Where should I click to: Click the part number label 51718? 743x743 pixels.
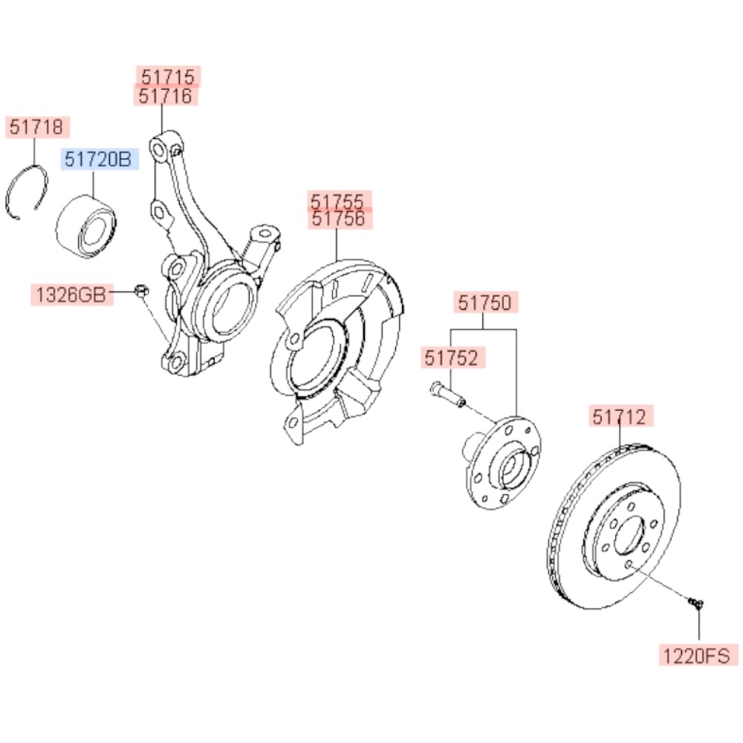coord(38,127)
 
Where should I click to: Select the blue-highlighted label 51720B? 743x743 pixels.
coord(99,158)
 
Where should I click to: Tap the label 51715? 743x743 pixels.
coord(168,76)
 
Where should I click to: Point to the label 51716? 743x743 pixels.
coord(166,95)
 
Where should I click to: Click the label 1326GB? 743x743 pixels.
coord(71,294)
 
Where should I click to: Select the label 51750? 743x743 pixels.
coord(484,302)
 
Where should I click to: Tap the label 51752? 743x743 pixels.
coord(454,357)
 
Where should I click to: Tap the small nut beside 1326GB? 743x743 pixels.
coord(140,291)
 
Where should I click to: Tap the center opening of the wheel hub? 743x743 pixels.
coord(512,469)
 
